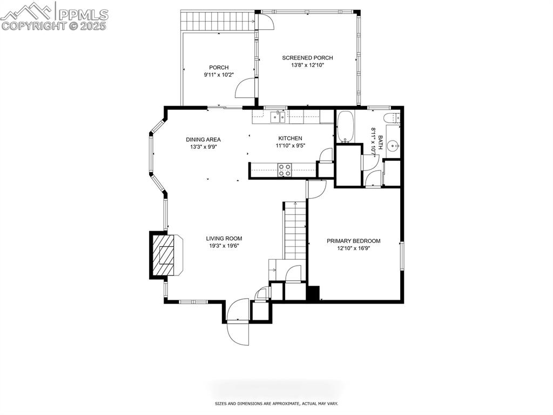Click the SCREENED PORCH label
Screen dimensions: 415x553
307,58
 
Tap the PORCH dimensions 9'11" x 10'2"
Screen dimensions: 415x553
219,75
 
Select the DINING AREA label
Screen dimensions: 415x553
203,140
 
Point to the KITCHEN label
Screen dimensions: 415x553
290,139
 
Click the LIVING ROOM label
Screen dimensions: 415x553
224,239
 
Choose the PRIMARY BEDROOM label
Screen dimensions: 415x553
353,241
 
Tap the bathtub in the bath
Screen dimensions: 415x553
345,127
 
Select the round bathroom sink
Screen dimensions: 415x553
394,145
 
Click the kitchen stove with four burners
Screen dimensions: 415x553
284,170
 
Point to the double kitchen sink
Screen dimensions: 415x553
278,116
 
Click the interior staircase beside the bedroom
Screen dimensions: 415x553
294,230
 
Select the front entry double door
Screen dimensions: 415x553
238,322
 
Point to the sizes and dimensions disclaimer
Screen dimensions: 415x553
276,404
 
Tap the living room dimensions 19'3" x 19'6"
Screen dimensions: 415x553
224,246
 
